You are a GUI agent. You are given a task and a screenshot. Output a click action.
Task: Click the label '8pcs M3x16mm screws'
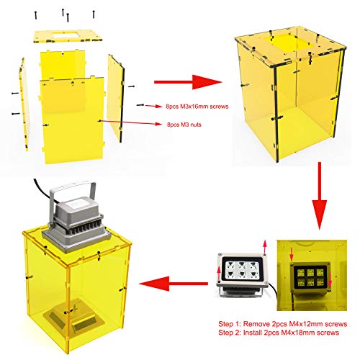(x=197, y=107)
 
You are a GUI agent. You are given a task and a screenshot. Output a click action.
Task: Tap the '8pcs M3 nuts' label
(x=184, y=125)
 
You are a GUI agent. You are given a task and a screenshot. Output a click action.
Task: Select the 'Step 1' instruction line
(x=283, y=324)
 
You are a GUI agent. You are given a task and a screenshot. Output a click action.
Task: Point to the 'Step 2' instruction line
(x=279, y=333)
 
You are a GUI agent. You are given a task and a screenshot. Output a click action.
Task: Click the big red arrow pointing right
(x=188, y=82)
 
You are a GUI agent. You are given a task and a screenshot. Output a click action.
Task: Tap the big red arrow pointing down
(x=320, y=196)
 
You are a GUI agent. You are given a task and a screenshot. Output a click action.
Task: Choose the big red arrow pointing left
(x=174, y=284)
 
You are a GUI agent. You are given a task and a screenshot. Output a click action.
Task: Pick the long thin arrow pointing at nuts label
(x=131, y=122)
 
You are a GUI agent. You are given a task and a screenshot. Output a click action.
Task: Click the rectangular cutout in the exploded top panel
(x=65, y=35)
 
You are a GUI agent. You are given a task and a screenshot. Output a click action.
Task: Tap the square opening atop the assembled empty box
(x=286, y=42)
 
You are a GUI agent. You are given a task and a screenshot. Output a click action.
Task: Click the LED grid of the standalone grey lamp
(x=241, y=269)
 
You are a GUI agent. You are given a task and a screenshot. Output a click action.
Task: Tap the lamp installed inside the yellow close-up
(x=311, y=278)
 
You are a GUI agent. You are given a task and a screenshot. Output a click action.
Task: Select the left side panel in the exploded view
(x=24, y=104)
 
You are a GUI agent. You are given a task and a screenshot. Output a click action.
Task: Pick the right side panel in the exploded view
(x=116, y=99)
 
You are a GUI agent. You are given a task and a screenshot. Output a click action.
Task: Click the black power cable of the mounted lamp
(x=43, y=189)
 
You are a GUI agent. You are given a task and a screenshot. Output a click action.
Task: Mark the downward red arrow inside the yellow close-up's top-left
(x=292, y=254)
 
